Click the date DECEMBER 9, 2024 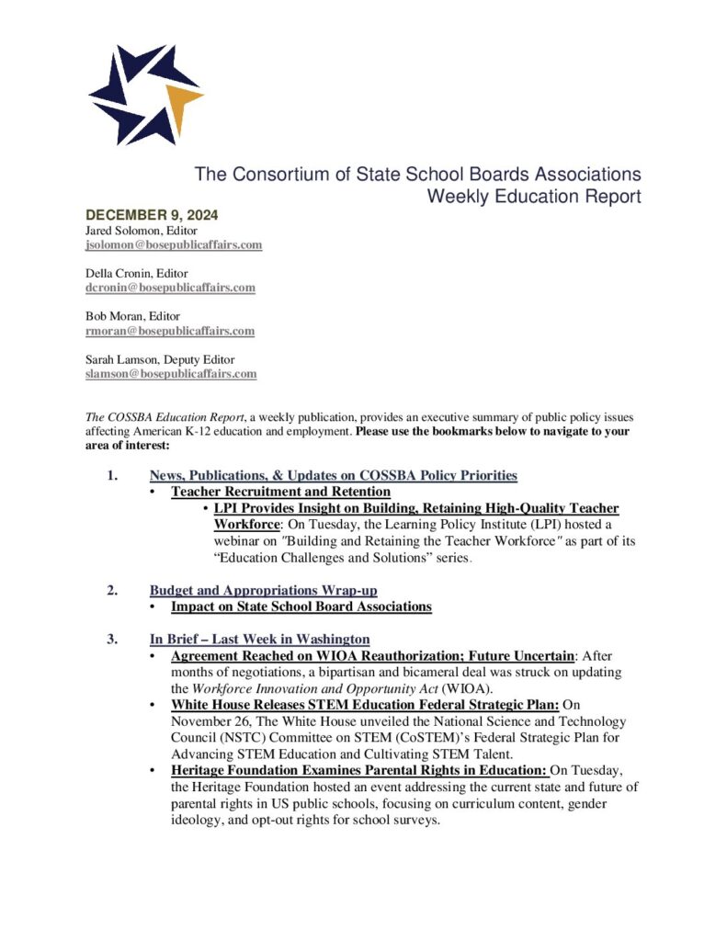point(145,216)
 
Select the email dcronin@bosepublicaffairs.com point(170,288)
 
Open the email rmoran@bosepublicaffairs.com point(170,331)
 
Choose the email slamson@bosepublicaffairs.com point(171,374)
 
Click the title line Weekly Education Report point(534,196)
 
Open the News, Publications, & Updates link point(333,475)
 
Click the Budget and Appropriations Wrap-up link point(263,590)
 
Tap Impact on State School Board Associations point(301,607)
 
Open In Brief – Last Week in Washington point(259,639)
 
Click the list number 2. point(111,590)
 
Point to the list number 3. point(111,639)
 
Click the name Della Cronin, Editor point(137,273)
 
